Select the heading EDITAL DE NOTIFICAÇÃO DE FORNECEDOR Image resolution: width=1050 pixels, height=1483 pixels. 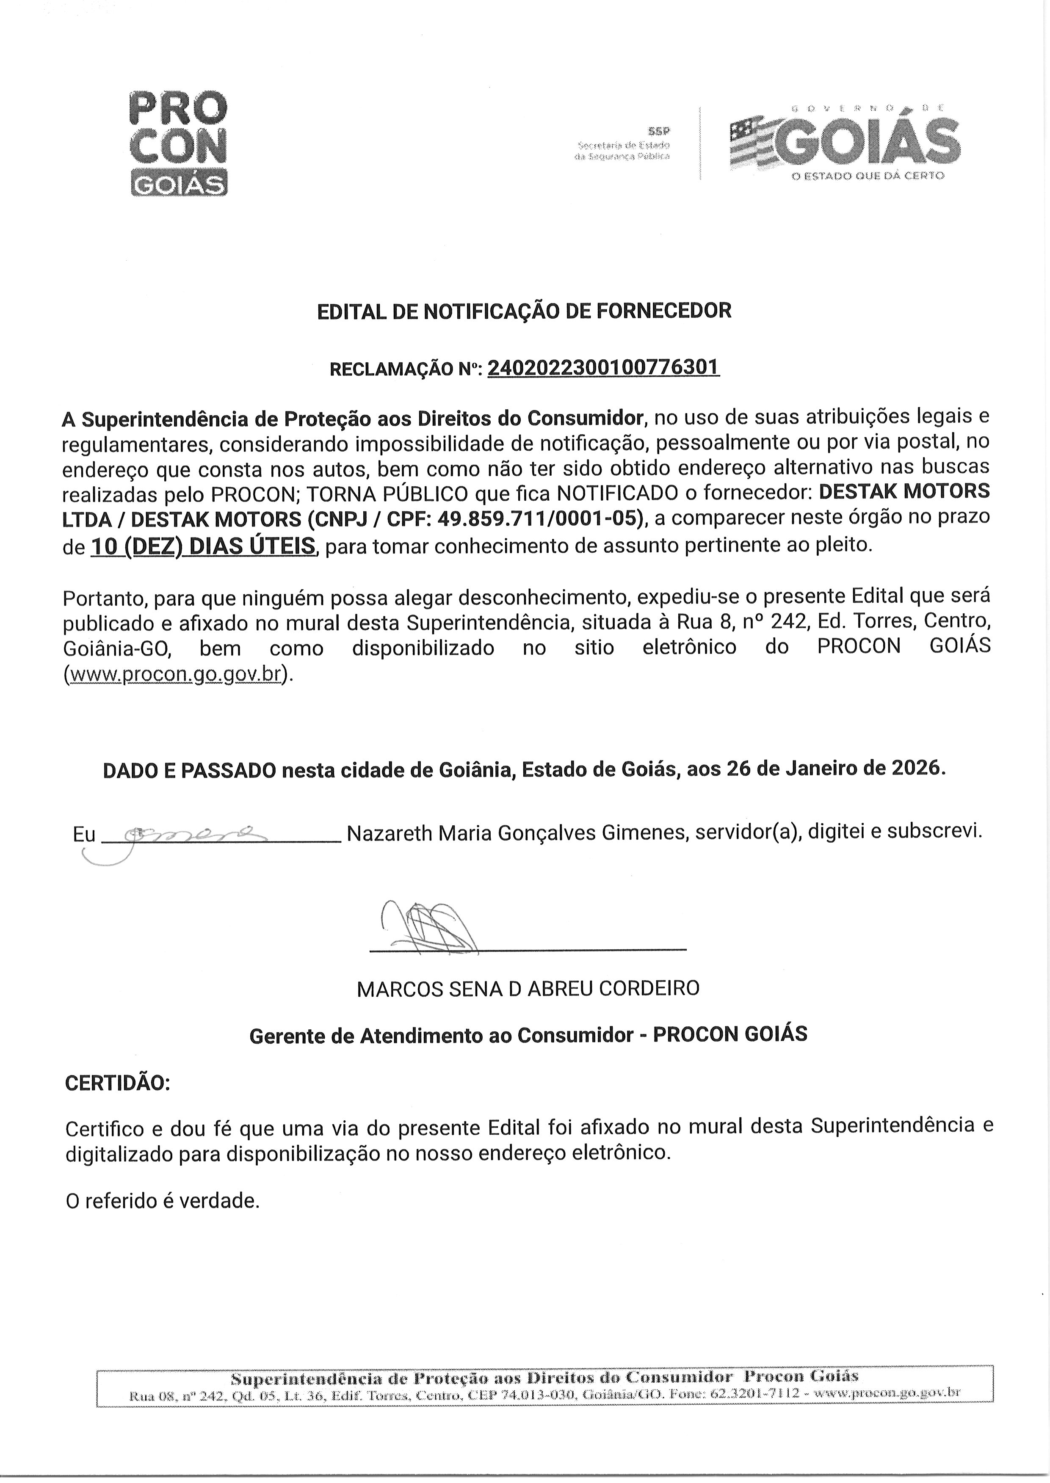point(524,311)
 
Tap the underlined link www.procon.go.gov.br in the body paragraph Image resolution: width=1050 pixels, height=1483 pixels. point(175,674)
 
